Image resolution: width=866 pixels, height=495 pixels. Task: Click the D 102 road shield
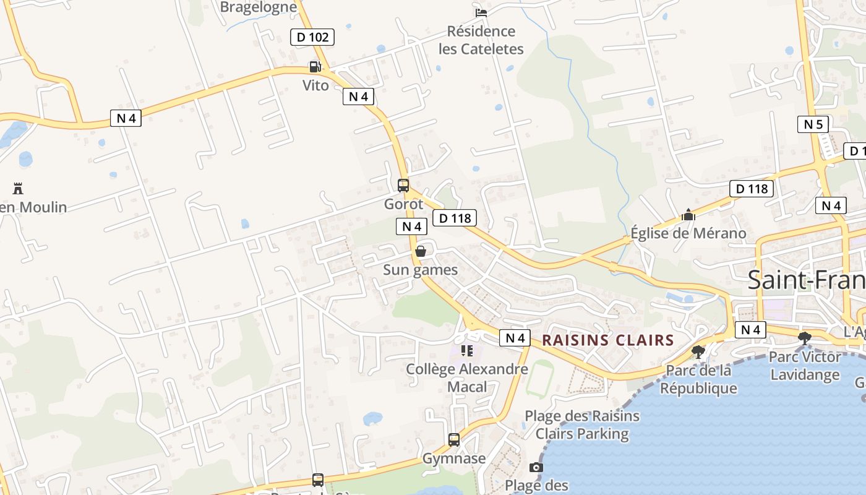click(312, 37)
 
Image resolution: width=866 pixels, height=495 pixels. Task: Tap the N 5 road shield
click(813, 124)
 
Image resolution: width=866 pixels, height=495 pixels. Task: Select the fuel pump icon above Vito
click(315, 67)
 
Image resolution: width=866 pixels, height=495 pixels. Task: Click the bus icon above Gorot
click(403, 185)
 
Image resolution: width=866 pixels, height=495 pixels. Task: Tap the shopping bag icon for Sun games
click(421, 251)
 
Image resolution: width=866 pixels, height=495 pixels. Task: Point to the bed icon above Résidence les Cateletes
click(481, 12)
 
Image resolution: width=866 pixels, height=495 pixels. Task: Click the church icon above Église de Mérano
click(688, 215)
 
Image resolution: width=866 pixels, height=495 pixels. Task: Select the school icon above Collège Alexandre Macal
click(467, 351)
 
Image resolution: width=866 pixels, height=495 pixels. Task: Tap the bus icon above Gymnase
click(454, 440)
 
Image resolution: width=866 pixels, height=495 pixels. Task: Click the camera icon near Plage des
click(536, 467)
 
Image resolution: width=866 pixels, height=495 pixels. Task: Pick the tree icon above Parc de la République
click(698, 352)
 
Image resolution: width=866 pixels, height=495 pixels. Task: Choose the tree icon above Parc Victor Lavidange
click(805, 338)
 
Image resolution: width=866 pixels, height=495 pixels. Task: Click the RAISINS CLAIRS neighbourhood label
click(608, 340)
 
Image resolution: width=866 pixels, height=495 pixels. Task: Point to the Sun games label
click(421, 270)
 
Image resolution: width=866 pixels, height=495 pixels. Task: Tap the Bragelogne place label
click(259, 7)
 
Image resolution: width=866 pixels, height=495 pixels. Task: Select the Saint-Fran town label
click(806, 280)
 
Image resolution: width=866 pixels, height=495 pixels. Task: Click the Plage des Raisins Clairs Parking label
click(582, 424)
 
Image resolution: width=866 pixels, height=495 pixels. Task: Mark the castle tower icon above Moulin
click(18, 188)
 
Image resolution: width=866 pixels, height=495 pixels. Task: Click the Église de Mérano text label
click(688, 233)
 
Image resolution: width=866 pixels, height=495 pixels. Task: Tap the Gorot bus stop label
click(404, 204)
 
